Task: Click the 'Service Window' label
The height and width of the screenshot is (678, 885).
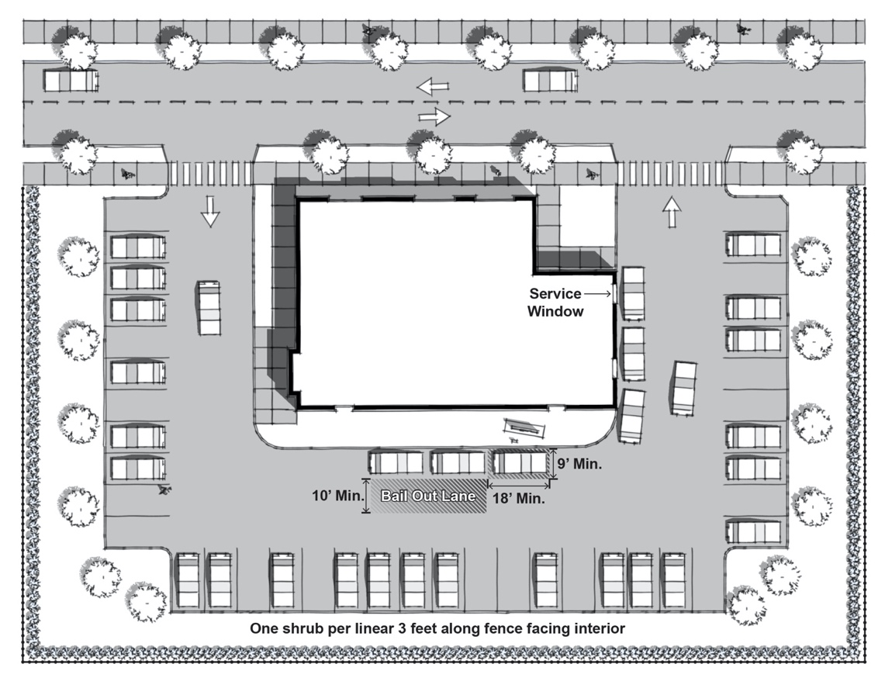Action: (555, 303)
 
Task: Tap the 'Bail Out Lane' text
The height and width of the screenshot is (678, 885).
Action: (428, 496)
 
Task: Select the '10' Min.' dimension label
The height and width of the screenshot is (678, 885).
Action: (338, 496)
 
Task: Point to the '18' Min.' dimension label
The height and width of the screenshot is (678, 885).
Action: (519, 499)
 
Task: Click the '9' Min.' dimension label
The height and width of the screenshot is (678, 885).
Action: (579, 464)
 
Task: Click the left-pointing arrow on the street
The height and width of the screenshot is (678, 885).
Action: (433, 86)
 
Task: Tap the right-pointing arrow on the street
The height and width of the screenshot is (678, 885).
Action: (434, 117)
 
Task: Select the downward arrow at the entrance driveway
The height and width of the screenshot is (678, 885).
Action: (210, 211)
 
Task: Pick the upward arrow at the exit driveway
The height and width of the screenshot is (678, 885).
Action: (672, 212)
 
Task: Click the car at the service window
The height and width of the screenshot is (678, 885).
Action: (633, 293)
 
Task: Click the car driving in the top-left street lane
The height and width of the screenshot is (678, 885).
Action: (71, 80)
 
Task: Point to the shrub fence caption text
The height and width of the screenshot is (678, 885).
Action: (437, 628)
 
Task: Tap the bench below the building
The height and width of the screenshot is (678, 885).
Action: (525, 427)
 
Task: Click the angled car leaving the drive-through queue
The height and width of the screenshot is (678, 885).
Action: (683, 389)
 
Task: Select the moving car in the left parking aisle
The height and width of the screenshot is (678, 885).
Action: (209, 308)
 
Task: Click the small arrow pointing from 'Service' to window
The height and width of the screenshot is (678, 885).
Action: (598, 293)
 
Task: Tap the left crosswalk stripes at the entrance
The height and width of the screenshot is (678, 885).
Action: (210, 173)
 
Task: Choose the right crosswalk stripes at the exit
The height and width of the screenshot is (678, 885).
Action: (670, 173)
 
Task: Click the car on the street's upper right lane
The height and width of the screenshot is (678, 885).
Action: (550, 80)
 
